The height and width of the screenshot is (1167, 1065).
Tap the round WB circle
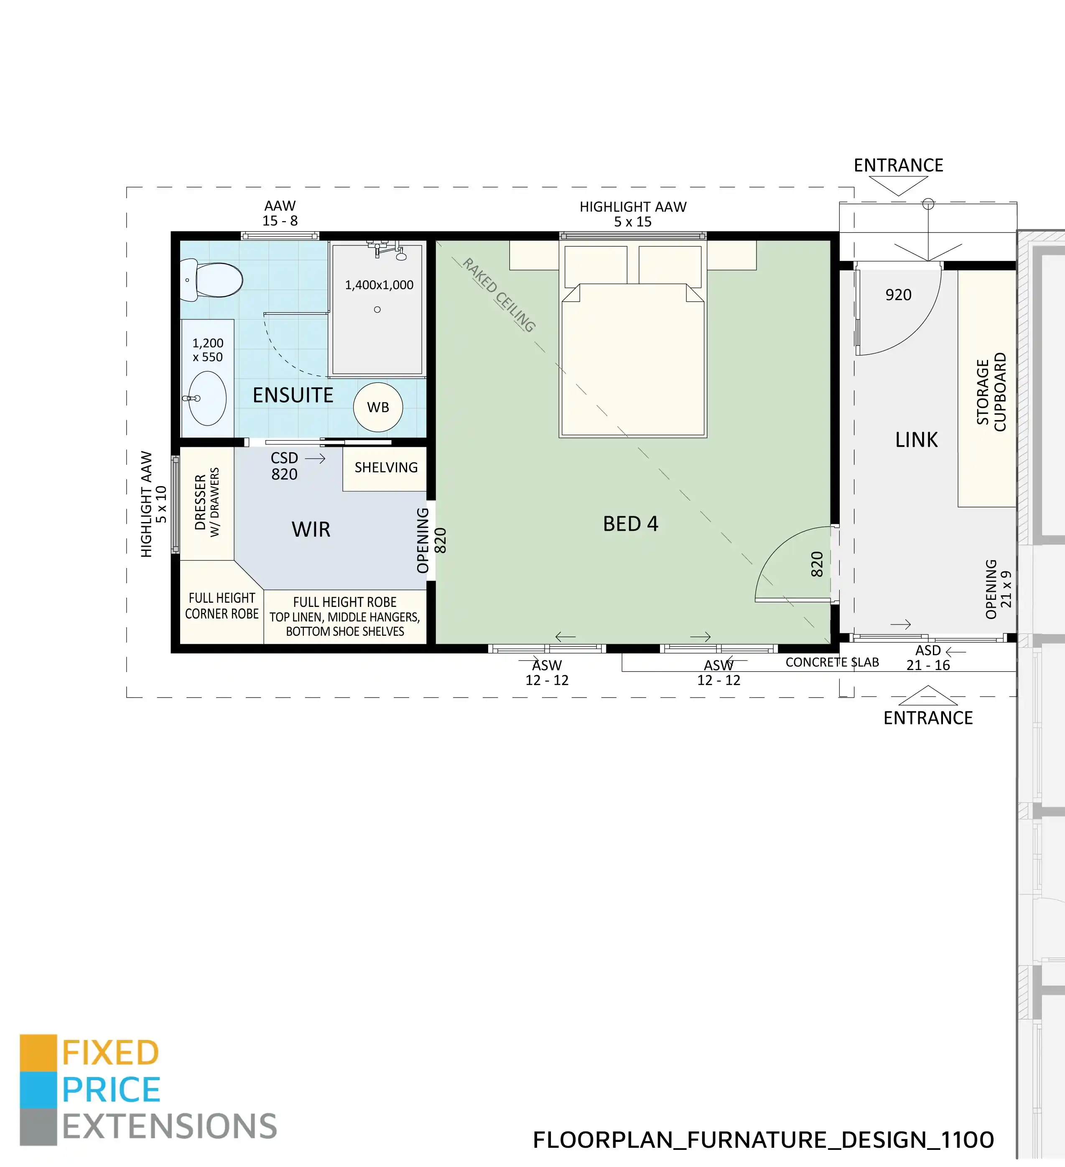click(x=378, y=407)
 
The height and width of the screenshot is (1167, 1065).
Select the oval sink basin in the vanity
click(x=207, y=398)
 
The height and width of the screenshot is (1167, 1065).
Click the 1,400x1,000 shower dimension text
click(x=379, y=285)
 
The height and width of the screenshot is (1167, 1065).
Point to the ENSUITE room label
click(x=293, y=395)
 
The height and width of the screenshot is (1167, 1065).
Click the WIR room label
click(x=311, y=529)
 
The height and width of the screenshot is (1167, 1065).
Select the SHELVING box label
click(x=386, y=467)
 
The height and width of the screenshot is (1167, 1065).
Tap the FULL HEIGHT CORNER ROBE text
click(x=222, y=606)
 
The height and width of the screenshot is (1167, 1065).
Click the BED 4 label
click(x=630, y=524)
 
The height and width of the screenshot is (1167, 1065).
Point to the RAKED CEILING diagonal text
click(x=499, y=295)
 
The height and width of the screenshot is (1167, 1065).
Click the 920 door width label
click(x=898, y=295)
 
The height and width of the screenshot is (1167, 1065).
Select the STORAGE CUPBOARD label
click(x=991, y=392)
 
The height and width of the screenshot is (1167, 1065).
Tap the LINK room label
click(x=916, y=440)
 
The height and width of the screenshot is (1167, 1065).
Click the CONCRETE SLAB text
click(x=832, y=662)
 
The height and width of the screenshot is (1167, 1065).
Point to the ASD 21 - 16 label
click(x=928, y=658)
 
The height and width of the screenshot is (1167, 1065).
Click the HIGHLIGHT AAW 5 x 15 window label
click(x=633, y=214)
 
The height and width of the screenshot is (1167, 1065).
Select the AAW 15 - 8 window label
click(x=280, y=213)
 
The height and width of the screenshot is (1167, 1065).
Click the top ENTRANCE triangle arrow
click(x=898, y=185)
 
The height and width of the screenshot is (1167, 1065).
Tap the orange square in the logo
click(x=38, y=1052)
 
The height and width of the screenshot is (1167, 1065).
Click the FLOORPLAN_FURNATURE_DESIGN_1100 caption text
click(x=763, y=1140)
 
